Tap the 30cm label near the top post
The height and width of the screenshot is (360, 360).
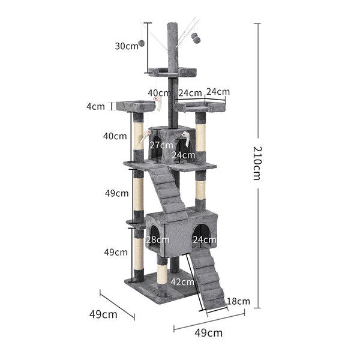click(x=127, y=46)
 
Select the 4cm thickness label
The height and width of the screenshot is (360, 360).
click(x=95, y=106)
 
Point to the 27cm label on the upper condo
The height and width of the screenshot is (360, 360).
click(x=161, y=146)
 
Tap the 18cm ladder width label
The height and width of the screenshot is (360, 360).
click(x=238, y=301)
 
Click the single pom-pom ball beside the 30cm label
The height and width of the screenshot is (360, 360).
click(x=142, y=43)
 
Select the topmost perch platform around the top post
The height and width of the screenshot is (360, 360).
click(x=173, y=73)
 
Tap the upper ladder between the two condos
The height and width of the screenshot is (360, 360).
click(x=170, y=192)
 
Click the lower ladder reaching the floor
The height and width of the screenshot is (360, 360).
click(x=208, y=279)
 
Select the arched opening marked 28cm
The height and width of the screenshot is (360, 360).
click(x=153, y=237)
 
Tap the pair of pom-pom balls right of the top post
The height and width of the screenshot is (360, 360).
click(x=196, y=37)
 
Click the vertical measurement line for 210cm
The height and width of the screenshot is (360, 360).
click(x=257, y=90)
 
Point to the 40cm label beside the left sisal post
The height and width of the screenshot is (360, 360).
click(x=115, y=136)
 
